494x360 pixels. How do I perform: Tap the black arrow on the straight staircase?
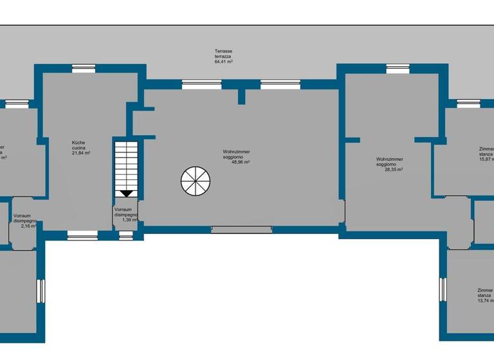point(127,193)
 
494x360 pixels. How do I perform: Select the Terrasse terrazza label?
point(224,54)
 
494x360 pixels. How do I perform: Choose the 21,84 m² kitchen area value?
point(80,153)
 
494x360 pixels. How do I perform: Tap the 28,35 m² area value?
point(390,170)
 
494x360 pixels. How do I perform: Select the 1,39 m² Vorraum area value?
point(131,220)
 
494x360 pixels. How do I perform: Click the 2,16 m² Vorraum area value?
point(28,226)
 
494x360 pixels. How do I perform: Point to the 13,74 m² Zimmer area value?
point(486,300)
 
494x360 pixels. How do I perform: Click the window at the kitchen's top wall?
point(84,68)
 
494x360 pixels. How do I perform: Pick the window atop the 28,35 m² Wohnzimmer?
point(398,68)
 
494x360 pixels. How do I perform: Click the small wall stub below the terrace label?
point(241,96)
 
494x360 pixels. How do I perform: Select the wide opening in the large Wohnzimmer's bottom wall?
point(241,229)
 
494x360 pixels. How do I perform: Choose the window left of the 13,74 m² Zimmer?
point(443,289)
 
